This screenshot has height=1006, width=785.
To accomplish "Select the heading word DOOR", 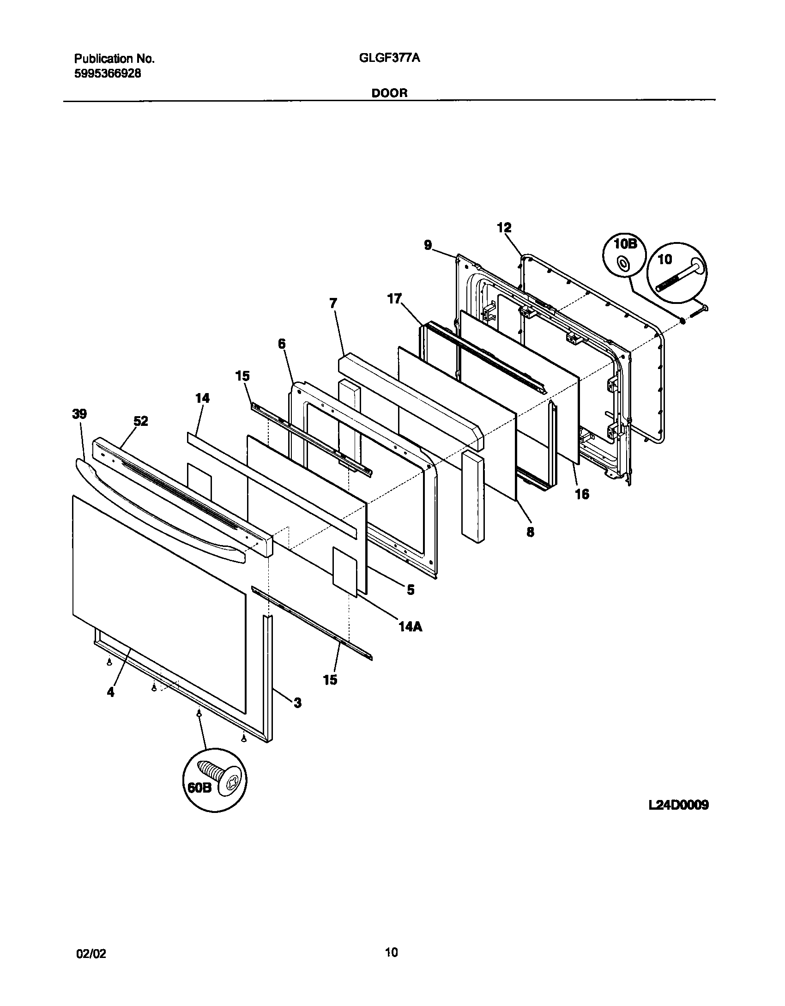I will pyautogui.click(x=390, y=93).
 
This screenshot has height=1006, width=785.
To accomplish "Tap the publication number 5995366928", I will pyautogui.click(x=108, y=73).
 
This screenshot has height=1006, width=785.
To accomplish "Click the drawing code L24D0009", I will pyautogui.click(x=678, y=805).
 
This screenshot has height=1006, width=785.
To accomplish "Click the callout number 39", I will pyautogui.click(x=79, y=414).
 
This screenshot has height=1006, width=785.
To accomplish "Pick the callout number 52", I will pyautogui.click(x=141, y=421).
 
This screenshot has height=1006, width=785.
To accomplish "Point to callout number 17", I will pyautogui.click(x=395, y=299).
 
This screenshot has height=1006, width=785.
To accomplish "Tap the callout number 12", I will pyautogui.click(x=504, y=227).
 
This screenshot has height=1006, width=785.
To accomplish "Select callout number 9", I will pyautogui.click(x=428, y=245).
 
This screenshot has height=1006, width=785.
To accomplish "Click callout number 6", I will pyautogui.click(x=282, y=344).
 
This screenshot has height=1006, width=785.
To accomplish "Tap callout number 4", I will pyautogui.click(x=110, y=692).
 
